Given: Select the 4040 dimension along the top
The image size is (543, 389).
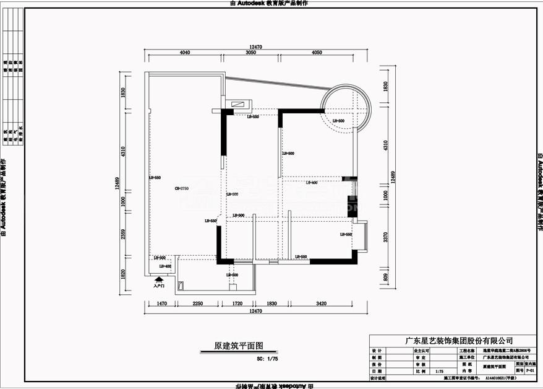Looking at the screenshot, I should (184, 53).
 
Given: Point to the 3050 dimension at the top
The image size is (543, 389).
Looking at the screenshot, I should (250, 53).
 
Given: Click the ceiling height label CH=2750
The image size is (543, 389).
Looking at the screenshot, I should (181, 188).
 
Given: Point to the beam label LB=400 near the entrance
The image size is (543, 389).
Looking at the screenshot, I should (165, 266).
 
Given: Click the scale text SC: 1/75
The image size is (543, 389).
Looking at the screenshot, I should (267, 358).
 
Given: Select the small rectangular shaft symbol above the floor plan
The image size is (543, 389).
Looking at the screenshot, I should (238, 104).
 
